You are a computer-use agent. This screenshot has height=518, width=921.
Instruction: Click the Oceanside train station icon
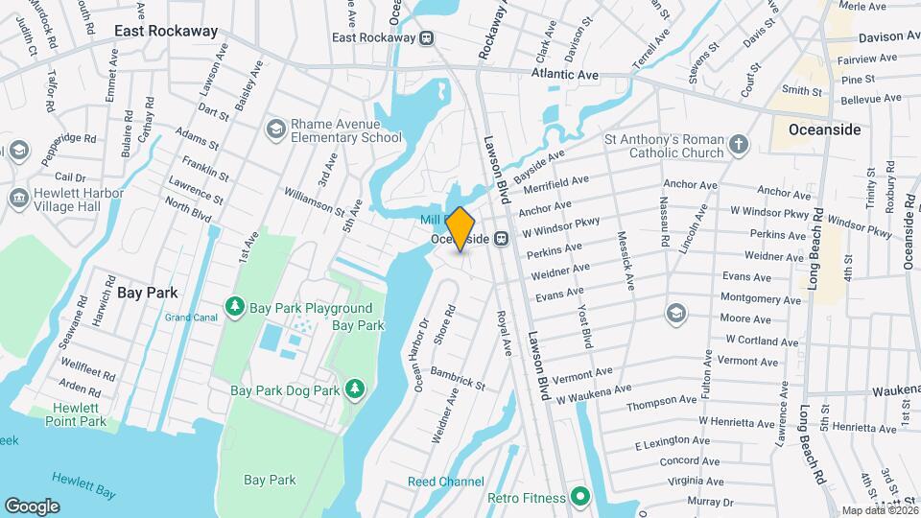click(501, 239)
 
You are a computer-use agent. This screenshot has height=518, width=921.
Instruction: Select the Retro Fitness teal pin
click(579, 497)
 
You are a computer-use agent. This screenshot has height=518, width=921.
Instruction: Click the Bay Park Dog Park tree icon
click(355, 388)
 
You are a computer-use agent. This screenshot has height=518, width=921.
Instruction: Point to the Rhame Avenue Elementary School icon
click(276, 129)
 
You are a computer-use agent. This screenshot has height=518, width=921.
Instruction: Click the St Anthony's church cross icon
click(738, 145)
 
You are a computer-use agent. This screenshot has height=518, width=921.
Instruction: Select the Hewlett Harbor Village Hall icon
click(18, 198)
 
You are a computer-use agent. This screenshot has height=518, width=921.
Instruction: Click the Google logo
click(32, 506)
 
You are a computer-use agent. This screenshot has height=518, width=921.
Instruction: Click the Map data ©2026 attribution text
click(879, 510)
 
